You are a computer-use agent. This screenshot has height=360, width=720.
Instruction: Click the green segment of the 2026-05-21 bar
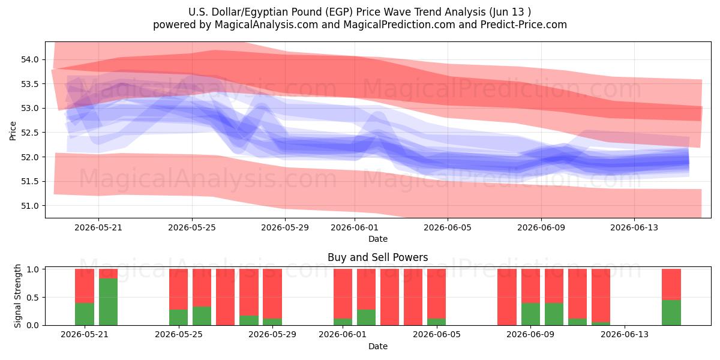(x=85, y=314)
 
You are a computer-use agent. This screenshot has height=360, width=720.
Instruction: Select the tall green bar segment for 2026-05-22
(x=108, y=301)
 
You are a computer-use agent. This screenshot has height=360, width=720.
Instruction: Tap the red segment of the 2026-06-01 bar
(x=343, y=294)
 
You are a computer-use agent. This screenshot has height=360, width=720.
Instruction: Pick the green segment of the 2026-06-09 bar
(x=530, y=314)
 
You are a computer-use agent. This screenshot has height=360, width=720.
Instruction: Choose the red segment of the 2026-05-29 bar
(x=272, y=294)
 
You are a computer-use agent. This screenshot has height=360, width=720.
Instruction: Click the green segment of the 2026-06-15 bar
(x=671, y=313)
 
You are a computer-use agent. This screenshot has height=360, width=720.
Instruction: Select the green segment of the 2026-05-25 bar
(x=178, y=317)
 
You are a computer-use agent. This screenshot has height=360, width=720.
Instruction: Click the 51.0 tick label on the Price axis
(x=29, y=206)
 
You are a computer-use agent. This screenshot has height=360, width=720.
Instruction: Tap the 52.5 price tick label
(x=29, y=133)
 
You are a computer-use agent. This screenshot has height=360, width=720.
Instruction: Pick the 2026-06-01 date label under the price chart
(x=355, y=227)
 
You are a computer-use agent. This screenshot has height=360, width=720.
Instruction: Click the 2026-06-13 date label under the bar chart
(x=625, y=335)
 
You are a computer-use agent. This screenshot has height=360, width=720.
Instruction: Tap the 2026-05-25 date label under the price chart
(x=192, y=227)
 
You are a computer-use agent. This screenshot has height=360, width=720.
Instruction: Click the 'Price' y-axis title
(x=13, y=131)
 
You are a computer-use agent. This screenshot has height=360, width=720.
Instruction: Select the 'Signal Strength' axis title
(x=17, y=296)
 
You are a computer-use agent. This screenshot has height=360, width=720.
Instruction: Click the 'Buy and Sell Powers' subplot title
(x=377, y=257)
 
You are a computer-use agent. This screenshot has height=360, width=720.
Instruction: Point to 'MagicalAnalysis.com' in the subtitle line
(x=266, y=25)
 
